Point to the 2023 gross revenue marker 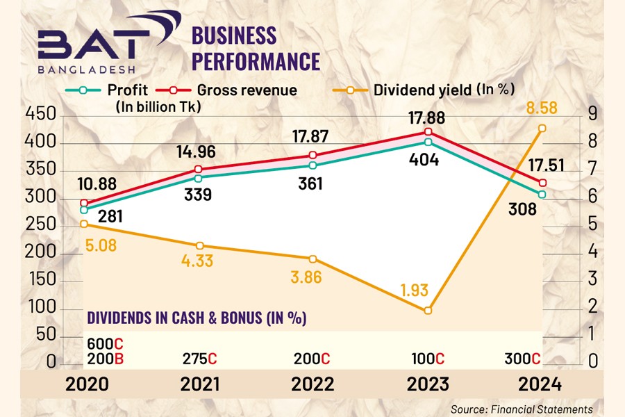[x=428, y=132]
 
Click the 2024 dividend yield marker [x=542, y=128]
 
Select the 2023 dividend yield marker [x=428, y=311]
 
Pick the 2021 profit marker [x=199, y=178]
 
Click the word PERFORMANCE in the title [x=256, y=60]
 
